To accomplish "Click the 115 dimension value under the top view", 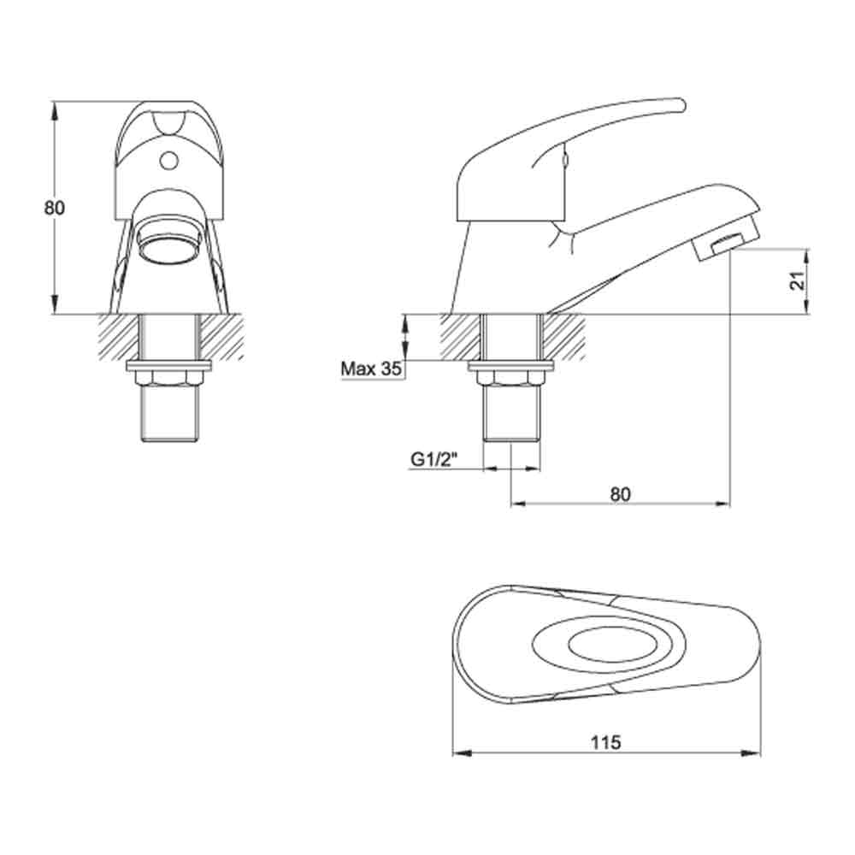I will [605, 741].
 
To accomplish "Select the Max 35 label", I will [371, 369].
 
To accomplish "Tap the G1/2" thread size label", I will [434, 459].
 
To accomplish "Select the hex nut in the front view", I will [168, 377].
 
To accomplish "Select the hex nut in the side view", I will [511, 377].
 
